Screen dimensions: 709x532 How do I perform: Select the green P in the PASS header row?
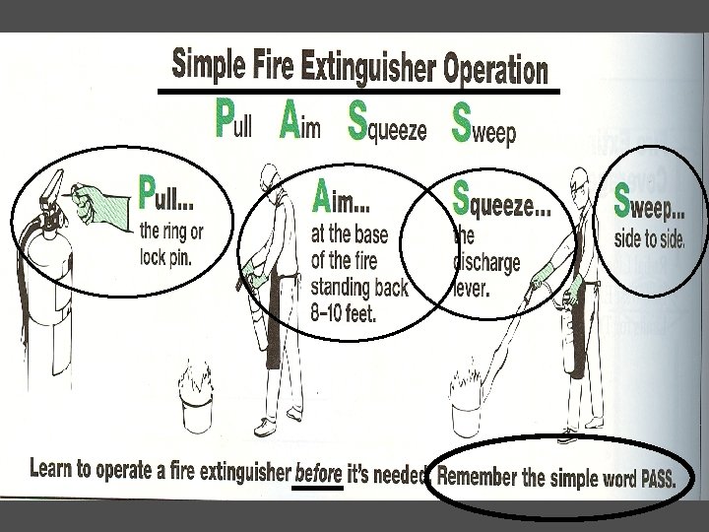(x=225, y=118)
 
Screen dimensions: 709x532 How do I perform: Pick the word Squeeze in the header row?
(x=387, y=122)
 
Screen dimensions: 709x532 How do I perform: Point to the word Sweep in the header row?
(x=483, y=123)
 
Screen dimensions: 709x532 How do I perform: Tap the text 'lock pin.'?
(x=165, y=257)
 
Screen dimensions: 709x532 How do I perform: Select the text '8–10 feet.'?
(x=344, y=312)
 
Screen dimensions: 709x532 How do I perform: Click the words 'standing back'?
(x=359, y=288)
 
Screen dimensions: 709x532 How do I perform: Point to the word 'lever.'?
(x=472, y=288)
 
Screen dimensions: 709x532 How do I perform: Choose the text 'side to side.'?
(x=649, y=238)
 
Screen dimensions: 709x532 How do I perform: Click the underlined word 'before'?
(x=318, y=474)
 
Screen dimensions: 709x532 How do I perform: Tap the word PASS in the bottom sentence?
(x=659, y=478)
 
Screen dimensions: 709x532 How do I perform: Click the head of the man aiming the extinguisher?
(x=270, y=177)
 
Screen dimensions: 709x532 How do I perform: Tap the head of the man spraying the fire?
(x=580, y=182)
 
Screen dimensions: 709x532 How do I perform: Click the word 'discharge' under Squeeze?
(x=486, y=263)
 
